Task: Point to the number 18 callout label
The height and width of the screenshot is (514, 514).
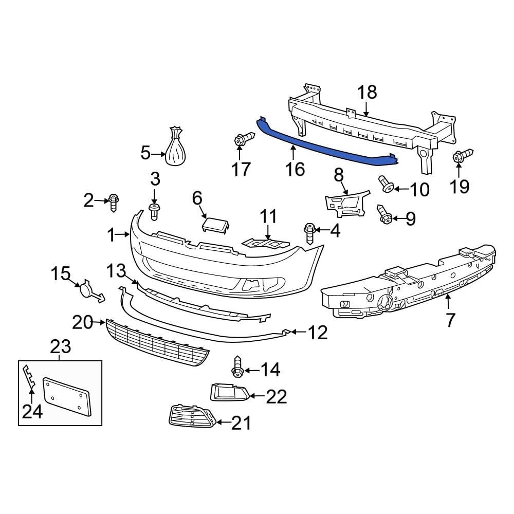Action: click(367, 93)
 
